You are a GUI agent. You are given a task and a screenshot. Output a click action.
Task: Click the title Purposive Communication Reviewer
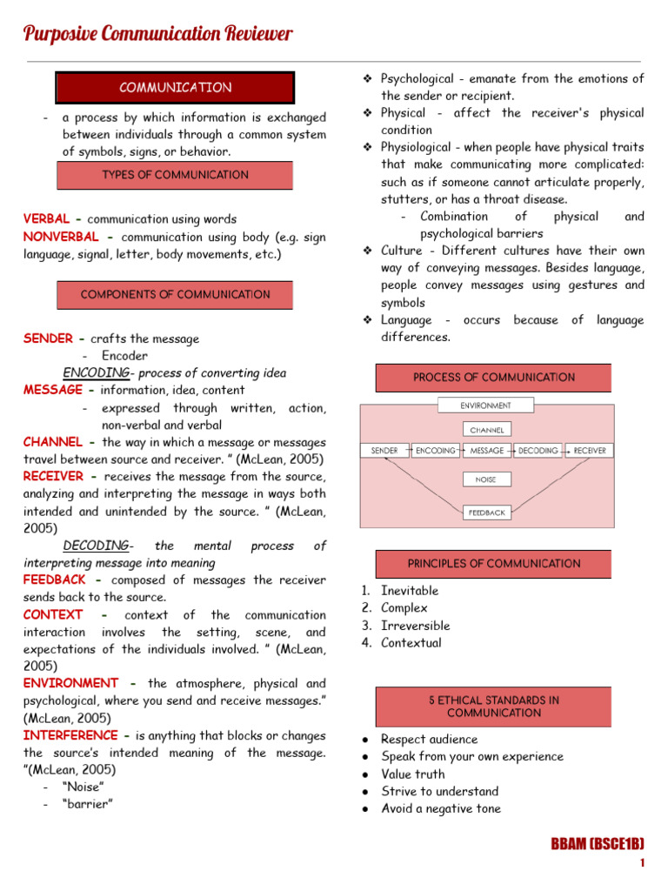click(x=157, y=34)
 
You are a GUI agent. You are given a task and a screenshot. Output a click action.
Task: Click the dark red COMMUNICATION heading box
click(x=175, y=88)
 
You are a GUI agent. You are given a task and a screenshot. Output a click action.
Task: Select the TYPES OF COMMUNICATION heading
click(x=175, y=175)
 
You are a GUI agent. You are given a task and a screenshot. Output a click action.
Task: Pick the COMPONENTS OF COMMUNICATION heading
click(x=175, y=295)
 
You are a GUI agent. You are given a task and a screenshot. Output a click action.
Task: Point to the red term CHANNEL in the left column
click(x=53, y=442)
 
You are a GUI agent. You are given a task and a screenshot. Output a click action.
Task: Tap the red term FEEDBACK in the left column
click(x=55, y=579)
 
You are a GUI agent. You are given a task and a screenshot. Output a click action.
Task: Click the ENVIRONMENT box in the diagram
click(x=485, y=405)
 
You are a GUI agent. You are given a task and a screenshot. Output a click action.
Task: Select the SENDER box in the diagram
click(x=384, y=451)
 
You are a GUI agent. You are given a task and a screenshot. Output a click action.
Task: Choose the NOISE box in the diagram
click(x=485, y=479)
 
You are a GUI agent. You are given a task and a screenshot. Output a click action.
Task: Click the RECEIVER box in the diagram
click(x=591, y=451)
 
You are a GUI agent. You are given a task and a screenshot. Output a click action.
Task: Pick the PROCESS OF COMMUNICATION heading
click(x=493, y=378)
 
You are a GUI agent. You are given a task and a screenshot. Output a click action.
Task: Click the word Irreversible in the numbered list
click(x=415, y=626)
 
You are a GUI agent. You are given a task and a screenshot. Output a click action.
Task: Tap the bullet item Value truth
click(x=412, y=774)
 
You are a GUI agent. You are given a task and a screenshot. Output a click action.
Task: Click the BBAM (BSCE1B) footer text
click(x=597, y=844)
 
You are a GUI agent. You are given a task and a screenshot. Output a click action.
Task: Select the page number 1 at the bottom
click(x=641, y=863)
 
